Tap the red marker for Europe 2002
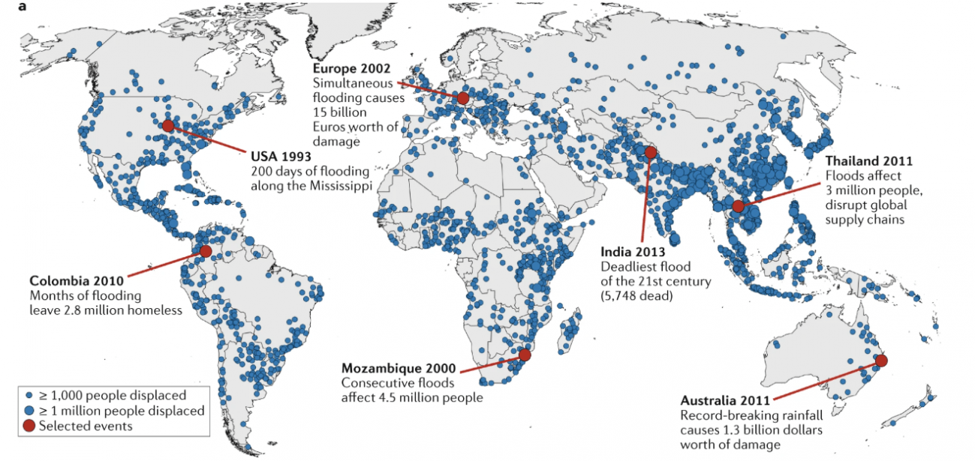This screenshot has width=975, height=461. pyautogui.click(x=463, y=98)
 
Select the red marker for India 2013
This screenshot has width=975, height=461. pyautogui.click(x=650, y=152)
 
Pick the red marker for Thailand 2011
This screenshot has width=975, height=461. pyautogui.click(x=739, y=206)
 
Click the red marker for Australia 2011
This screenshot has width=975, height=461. pyautogui.click(x=881, y=361)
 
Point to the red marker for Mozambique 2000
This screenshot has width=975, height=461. pyautogui.click(x=525, y=355)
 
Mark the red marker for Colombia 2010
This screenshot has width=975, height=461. pyautogui.click(x=205, y=252)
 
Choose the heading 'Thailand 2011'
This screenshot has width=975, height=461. pyautogui.click(x=869, y=161)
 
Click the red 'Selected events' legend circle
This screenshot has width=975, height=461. pyautogui.click(x=29, y=426)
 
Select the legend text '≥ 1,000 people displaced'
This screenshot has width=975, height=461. pyautogui.click(x=116, y=395)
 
